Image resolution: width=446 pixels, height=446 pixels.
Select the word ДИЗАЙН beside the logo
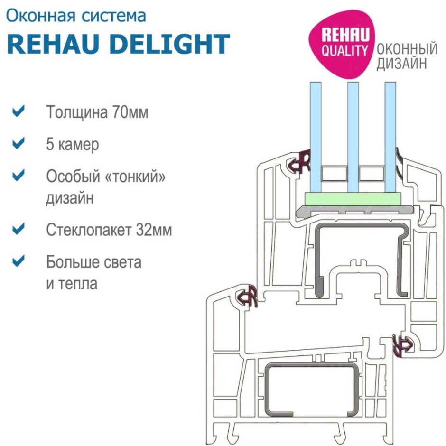(x=401, y=64)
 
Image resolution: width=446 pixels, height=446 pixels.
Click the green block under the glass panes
(x=353, y=199)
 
